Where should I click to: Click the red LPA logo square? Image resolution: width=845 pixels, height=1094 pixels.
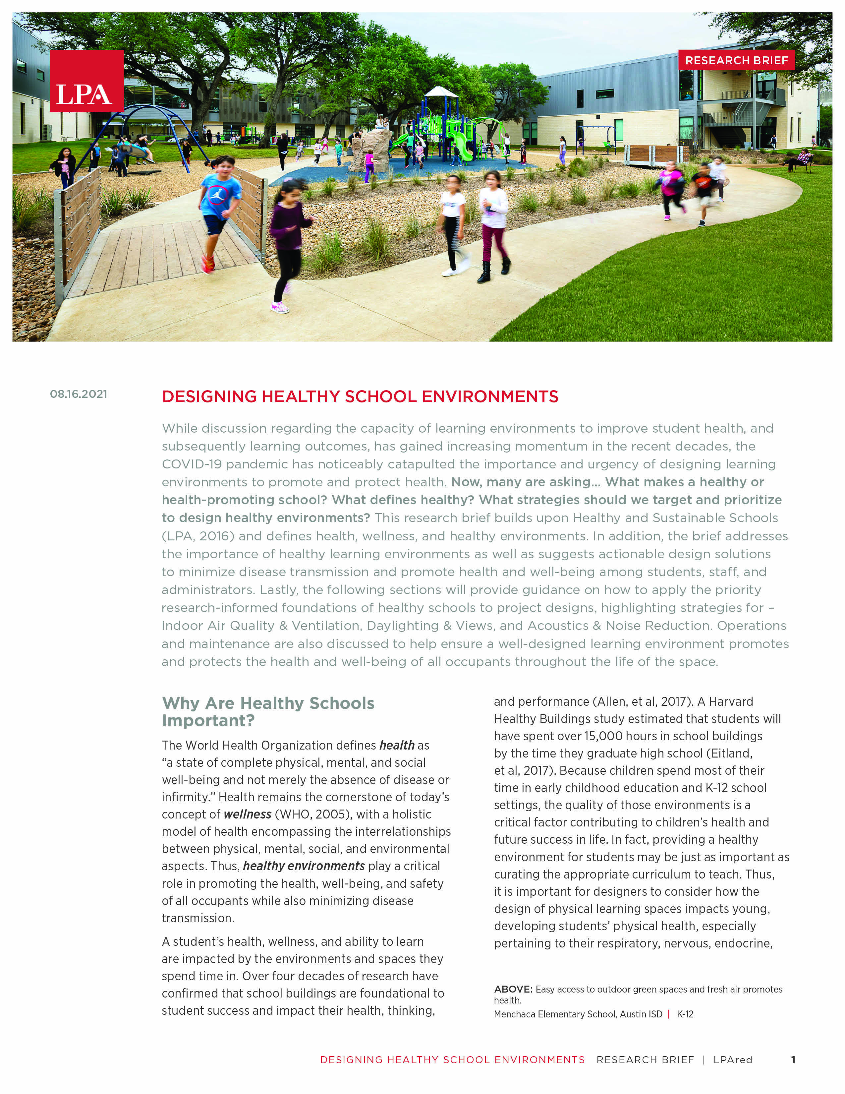86,81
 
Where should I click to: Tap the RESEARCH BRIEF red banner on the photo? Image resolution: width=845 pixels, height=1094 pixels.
736,60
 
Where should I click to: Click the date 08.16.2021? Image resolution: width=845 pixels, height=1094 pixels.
79,394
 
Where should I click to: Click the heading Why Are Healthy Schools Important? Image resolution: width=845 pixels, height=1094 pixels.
268,711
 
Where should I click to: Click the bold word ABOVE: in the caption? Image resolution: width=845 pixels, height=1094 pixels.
513,989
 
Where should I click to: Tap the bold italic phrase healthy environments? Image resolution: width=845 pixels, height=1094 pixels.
304,866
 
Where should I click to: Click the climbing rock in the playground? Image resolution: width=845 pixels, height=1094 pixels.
370,148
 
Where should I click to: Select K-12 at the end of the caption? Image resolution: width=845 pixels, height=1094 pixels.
685,1014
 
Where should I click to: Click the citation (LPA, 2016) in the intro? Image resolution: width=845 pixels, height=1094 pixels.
198,536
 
